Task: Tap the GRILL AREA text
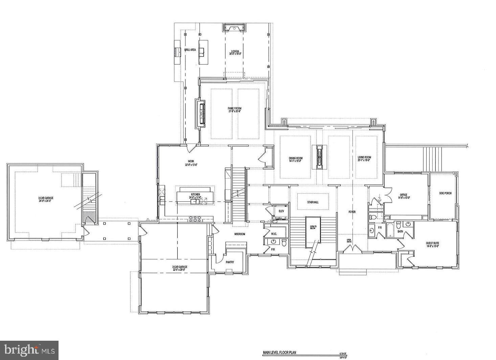[190, 50]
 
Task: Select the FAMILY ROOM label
[234, 109]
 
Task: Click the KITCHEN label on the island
[196, 194]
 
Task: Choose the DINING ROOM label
[295, 158]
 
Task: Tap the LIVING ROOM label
[364, 157]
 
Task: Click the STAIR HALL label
[313, 202]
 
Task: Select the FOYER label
[352, 212]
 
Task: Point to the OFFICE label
[403, 195]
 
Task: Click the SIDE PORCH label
[445, 193]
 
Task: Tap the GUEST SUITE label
[432, 243]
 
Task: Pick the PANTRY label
[230, 262]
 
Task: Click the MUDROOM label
[240, 234]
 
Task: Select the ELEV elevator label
[281, 211]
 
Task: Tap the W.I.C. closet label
[274, 234]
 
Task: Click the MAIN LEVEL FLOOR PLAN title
[279, 352]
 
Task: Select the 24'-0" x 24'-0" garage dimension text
[45, 201]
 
